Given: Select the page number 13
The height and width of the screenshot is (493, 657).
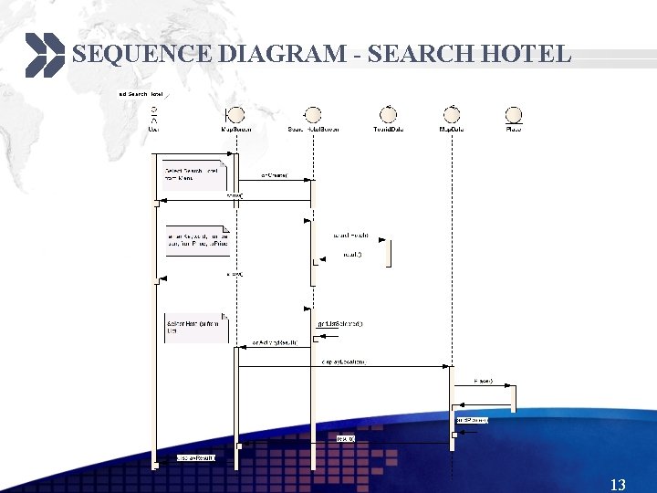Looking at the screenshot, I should click(x=618, y=485).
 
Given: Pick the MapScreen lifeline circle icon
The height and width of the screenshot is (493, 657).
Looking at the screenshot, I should click(x=235, y=114).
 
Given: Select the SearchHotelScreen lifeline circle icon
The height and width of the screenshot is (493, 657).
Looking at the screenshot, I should click(x=313, y=114).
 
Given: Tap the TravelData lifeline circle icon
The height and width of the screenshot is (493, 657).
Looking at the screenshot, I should click(x=389, y=114).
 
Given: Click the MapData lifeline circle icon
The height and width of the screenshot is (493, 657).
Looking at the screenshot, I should click(x=452, y=114).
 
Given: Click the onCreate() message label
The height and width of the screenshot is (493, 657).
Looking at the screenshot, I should click(x=275, y=174).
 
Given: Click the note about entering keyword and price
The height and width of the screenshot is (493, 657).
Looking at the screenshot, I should click(x=196, y=239).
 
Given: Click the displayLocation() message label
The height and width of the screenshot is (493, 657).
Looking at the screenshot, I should click(x=343, y=362).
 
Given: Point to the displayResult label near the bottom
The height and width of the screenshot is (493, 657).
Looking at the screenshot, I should click(x=195, y=457).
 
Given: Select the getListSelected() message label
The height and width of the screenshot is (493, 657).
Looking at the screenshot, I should click(x=340, y=323).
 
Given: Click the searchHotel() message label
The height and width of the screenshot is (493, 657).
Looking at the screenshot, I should click(x=351, y=235).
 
